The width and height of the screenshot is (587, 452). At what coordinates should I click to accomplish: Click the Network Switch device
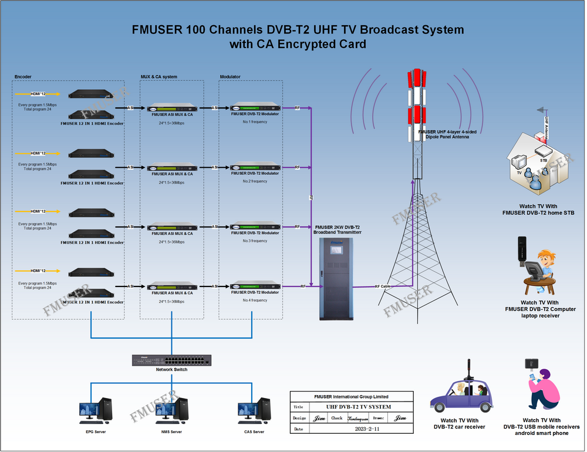pyautogui.click(x=171, y=360)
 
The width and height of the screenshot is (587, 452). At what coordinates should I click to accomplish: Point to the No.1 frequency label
pyautogui.click(x=255, y=121)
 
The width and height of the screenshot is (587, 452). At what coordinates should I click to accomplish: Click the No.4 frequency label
pyautogui.click(x=255, y=300)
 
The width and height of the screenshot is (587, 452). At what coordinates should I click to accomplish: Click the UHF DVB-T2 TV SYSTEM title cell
pyautogui.click(x=359, y=407)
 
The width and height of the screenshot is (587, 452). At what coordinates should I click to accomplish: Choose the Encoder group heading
pyautogui.click(x=23, y=77)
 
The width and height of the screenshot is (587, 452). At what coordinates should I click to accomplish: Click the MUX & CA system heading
pyautogui.click(x=158, y=77)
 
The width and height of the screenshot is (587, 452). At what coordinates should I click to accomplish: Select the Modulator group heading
pyautogui.click(x=230, y=77)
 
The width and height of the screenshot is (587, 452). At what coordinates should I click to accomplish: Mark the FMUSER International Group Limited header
pyautogui.click(x=351, y=397)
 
